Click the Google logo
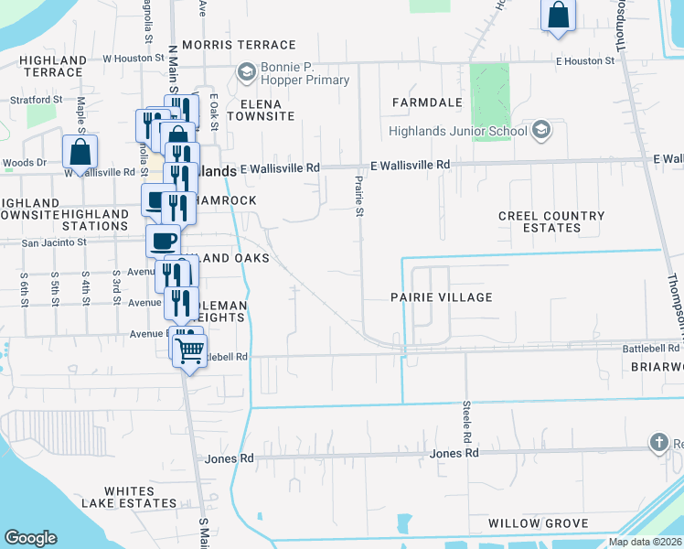(30, 538)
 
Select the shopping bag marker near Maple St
(80, 153)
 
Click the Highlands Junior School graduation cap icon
(541, 130)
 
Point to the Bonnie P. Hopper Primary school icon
(246, 70)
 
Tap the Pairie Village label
(441, 297)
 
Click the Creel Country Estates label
(551, 221)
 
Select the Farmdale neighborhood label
(425, 102)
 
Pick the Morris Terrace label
(239, 44)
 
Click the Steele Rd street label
(466, 417)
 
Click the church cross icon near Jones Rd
(658, 444)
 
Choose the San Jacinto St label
(53, 243)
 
